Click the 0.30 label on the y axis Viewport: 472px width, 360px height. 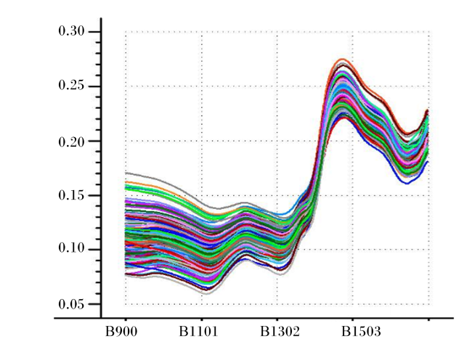(x=71, y=31)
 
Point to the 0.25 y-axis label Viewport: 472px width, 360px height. (x=71, y=86)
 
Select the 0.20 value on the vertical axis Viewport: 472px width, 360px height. (x=71, y=141)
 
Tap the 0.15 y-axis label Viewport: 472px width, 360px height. (x=71, y=195)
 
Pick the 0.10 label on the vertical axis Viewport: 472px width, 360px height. (x=71, y=249)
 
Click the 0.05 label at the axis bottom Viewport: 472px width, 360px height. (x=71, y=304)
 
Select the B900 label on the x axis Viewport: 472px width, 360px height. (x=121, y=332)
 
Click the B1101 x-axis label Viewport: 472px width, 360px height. (x=198, y=332)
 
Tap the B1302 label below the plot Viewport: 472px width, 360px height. (x=280, y=332)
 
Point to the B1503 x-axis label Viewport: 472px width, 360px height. (x=361, y=332)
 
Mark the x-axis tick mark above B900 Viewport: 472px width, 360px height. (x=126, y=319)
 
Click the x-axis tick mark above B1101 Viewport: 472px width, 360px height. (x=202, y=319)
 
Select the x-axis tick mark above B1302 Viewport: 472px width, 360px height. (x=277, y=319)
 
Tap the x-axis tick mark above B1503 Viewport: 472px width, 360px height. (x=353, y=319)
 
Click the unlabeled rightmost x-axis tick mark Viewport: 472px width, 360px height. (x=429, y=319)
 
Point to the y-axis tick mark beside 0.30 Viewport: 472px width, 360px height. (x=94, y=32)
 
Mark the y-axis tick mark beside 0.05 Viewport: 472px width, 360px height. (x=94, y=304)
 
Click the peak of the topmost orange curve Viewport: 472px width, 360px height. (x=342, y=59)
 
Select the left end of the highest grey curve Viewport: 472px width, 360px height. (x=126, y=173)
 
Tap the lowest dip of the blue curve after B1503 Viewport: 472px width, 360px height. (x=407, y=183)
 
